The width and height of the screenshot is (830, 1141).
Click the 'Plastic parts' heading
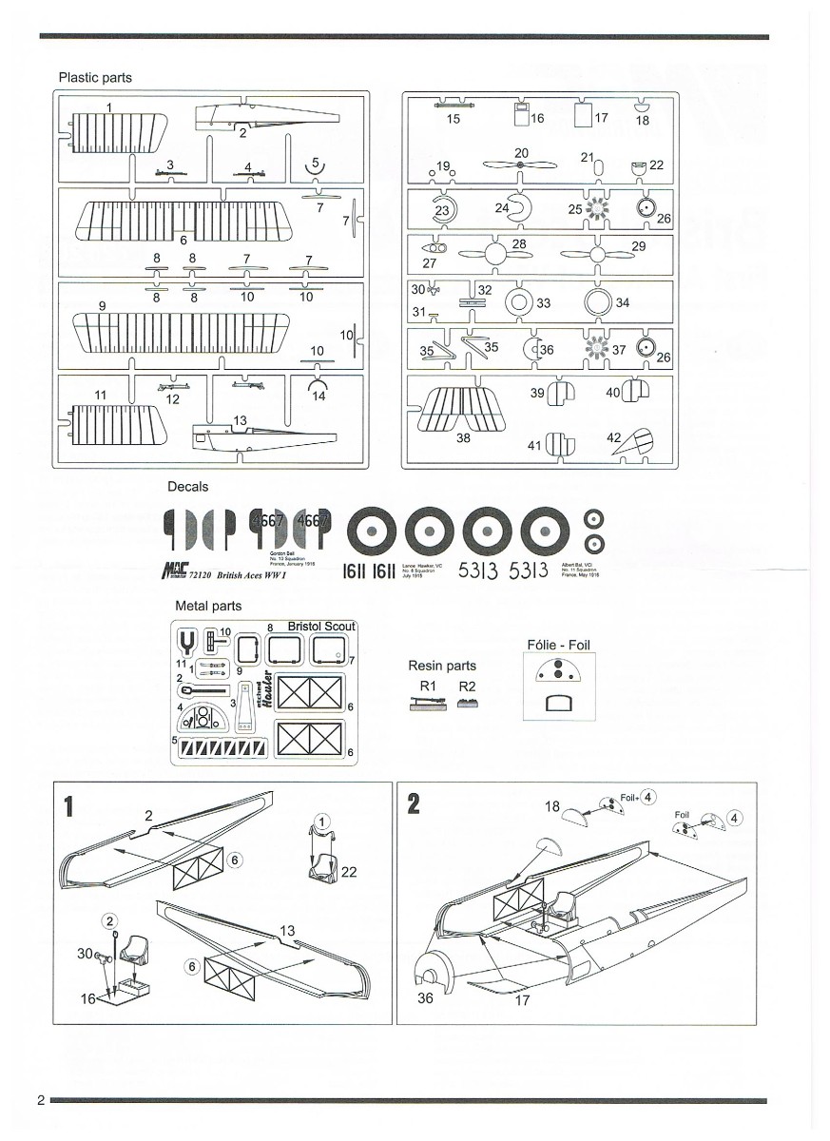pos(95,77)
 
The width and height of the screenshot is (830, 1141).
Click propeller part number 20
pos(522,165)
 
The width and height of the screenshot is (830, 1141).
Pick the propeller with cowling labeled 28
pos(494,254)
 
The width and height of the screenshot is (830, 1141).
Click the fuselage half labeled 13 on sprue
pos(266,438)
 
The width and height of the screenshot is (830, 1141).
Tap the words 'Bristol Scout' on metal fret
pos(321,627)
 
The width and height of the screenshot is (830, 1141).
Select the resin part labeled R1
pos(426,705)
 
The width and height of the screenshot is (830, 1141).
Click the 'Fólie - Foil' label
pos(558,645)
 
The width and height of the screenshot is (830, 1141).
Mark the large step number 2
pos(414,803)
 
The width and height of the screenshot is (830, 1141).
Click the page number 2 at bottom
pos(41,1100)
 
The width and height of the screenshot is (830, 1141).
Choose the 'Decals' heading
pos(187,487)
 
